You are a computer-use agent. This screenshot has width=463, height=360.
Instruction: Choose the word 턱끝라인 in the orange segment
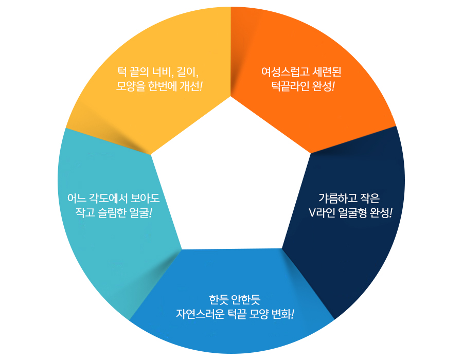(290, 86)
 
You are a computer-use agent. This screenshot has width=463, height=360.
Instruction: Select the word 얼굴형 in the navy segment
(352, 212)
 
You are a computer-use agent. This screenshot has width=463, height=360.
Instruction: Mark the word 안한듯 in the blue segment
(246, 300)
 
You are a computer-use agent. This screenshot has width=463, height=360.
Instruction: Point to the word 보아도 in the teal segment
(145, 198)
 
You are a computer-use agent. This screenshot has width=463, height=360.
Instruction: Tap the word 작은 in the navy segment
(370, 198)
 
